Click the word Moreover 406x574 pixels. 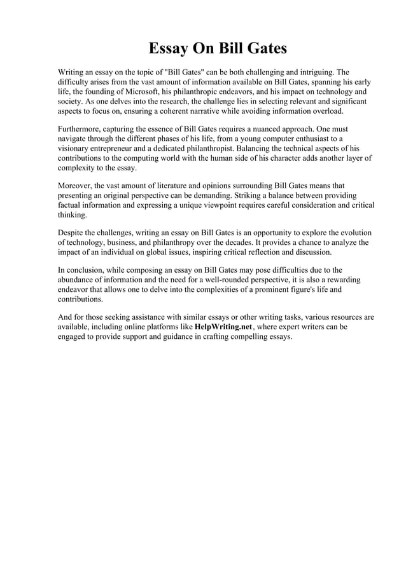pyautogui.click(x=74, y=186)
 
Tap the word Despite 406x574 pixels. pyautogui.click(x=71, y=233)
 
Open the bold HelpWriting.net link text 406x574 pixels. pyautogui.click(x=223, y=327)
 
